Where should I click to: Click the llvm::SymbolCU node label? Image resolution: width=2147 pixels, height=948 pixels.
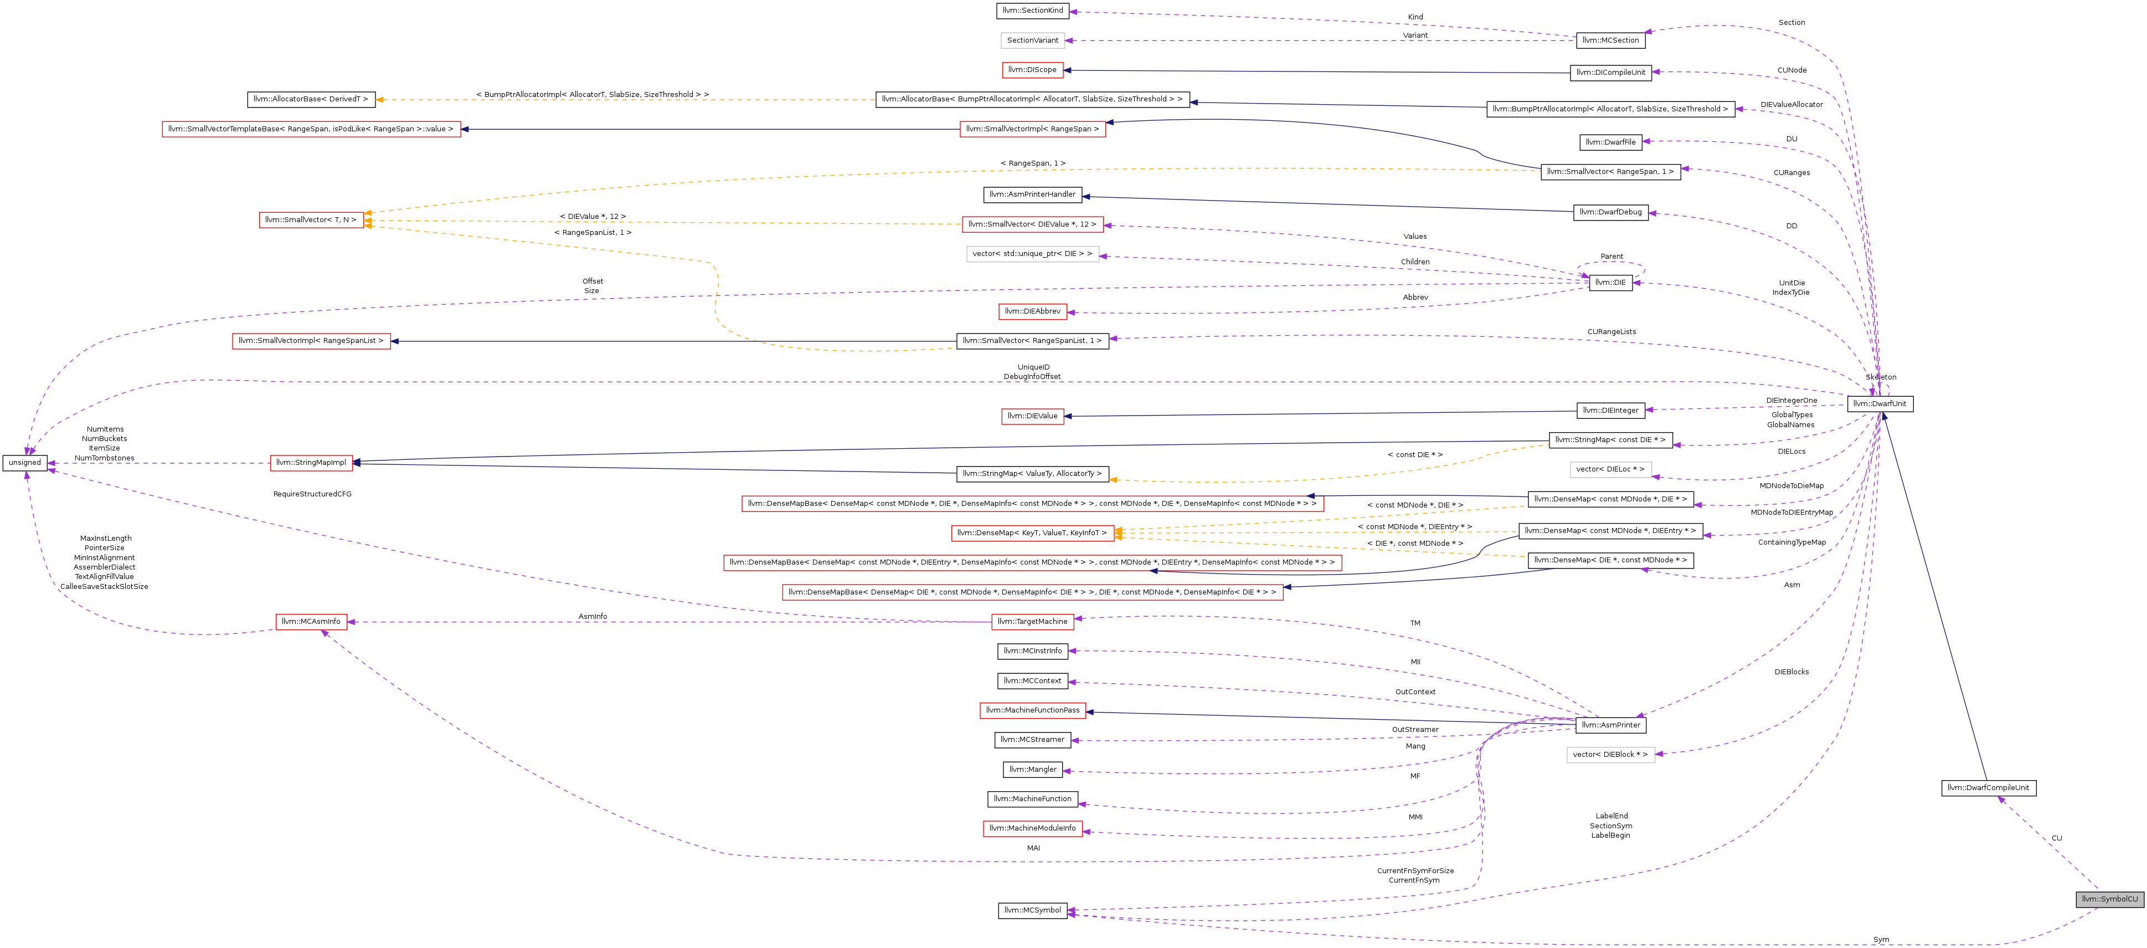pos(2109,899)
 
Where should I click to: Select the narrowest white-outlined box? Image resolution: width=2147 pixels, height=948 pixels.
pos(1033,40)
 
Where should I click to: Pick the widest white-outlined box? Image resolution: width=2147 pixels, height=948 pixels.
pos(1033,254)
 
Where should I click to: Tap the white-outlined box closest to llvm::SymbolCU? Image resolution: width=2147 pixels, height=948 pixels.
pos(1610,755)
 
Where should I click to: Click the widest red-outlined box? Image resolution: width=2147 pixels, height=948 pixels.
pos(1033,563)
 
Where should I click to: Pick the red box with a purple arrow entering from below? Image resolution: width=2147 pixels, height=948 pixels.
pos(312,622)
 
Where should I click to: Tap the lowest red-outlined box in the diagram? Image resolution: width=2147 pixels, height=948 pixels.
pos(1033,829)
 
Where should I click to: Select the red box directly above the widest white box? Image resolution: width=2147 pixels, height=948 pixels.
pos(1033,224)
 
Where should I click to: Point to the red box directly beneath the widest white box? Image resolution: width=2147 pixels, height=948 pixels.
pos(1033,312)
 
